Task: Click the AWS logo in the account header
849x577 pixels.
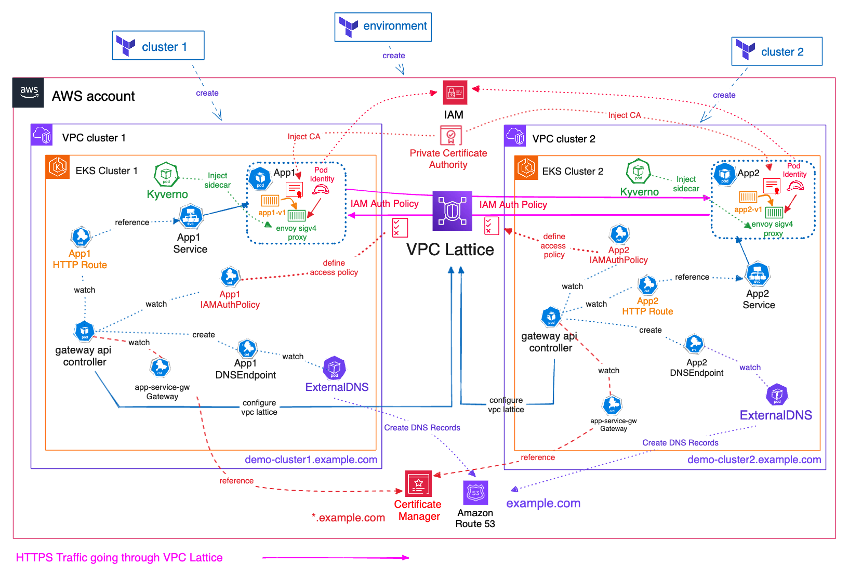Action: click(29, 93)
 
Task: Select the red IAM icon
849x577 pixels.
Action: click(455, 93)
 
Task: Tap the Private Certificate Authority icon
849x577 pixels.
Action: click(450, 136)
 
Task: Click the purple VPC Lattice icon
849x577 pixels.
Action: click(453, 211)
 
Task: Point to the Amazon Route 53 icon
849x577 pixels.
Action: click(475, 492)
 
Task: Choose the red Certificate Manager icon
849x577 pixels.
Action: click(418, 484)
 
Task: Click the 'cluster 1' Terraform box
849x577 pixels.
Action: click(158, 46)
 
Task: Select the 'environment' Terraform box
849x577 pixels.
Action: click(383, 27)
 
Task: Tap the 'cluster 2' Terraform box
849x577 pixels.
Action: click(777, 51)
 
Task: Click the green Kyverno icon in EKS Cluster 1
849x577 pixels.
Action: click(166, 174)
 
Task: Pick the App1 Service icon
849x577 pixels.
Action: click(191, 217)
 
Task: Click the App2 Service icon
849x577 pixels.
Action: click(758, 274)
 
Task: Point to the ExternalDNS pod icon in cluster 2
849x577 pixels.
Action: click(777, 395)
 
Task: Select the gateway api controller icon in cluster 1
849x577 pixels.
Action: click(84, 331)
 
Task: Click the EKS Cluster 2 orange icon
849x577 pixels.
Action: click(526, 168)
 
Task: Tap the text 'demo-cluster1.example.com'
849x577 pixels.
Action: click(311, 460)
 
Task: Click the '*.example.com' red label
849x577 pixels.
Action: click(348, 518)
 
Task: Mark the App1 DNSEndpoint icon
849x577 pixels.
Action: click(247, 348)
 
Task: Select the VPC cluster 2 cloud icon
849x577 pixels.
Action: click(515, 136)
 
